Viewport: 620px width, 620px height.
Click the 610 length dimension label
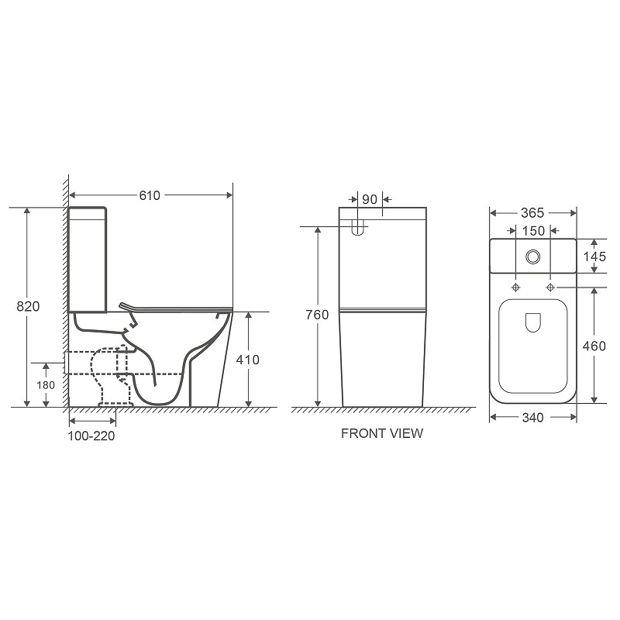coord(150,195)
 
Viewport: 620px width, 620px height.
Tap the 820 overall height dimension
coord(28,306)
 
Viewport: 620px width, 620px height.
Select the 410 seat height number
coord(247,360)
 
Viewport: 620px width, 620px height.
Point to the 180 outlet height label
coord(46,385)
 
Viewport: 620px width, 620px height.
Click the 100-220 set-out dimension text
coord(91,436)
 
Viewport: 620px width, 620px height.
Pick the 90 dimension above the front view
coord(370,199)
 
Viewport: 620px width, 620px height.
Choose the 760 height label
coord(317,315)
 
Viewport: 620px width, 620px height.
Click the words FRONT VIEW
coord(382,433)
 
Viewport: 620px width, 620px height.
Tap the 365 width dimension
coord(532,213)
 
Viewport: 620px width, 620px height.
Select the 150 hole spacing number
coord(533,231)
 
